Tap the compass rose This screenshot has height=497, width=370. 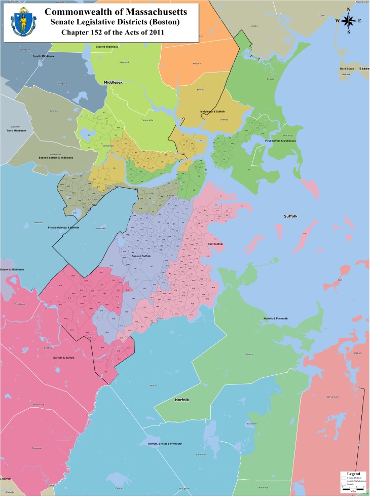point(349,21)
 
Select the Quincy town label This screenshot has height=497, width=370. point(249,354)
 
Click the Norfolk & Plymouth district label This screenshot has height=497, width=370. point(276,318)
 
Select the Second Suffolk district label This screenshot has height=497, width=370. point(141,256)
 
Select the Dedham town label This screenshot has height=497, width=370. point(49,348)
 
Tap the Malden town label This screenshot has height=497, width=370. point(197,63)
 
